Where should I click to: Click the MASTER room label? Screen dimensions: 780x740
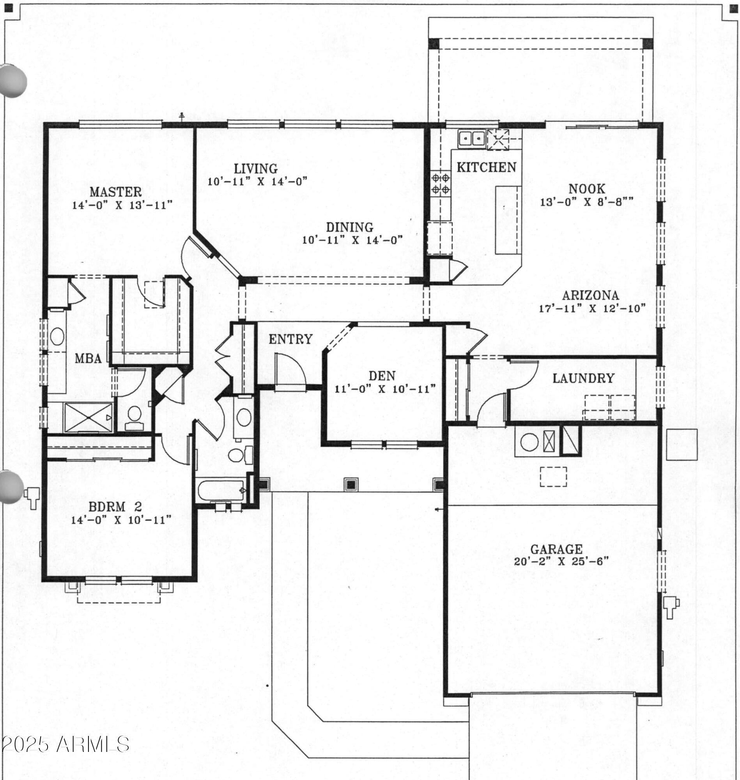point(115,192)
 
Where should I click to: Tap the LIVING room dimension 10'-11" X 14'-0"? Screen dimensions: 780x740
point(257,181)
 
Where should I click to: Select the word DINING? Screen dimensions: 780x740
point(349,227)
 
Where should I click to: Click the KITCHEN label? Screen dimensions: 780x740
point(486,167)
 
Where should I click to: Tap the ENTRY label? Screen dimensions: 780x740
point(291,339)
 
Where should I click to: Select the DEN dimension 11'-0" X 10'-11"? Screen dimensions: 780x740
point(385,388)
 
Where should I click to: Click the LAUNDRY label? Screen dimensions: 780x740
point(583,378)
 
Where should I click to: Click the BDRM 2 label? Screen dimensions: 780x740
point(115,507)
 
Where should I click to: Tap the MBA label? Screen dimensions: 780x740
point(89,359)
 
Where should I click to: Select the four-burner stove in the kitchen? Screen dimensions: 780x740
point(441,183)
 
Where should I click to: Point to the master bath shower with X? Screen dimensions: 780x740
point(89,417)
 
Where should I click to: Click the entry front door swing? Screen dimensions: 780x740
point(290,370)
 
